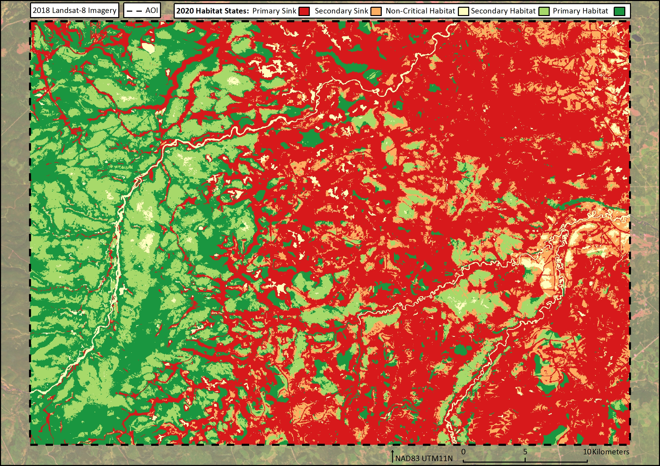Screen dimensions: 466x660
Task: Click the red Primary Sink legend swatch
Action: click(304, 11)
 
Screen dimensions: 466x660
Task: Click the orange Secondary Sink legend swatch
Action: click(376, 11)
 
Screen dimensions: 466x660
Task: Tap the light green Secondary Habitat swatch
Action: click(544, 11)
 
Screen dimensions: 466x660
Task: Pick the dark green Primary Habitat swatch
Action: click(619, 11)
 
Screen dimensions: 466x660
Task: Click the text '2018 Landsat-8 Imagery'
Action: click(75, 11)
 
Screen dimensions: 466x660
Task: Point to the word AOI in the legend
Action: click(151, 11)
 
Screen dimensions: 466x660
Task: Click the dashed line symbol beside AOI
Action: click(134, 11)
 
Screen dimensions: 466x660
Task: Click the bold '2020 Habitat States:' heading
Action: click(212, 11)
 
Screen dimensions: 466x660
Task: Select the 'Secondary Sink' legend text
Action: click(341, 11)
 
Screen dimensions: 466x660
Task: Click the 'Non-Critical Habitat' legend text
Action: click(420, 11)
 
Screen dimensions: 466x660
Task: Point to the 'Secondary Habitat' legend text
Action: click(503, 11)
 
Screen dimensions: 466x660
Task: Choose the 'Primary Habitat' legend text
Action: click(580, 11)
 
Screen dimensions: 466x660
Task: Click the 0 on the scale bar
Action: click(463, 452)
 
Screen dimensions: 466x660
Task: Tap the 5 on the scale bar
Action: click(525, 452)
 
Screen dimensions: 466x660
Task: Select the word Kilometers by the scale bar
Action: click(611, 452)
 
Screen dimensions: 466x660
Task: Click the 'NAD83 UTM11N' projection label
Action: click(424, 458)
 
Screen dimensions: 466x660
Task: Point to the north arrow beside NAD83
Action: click(393, 456)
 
